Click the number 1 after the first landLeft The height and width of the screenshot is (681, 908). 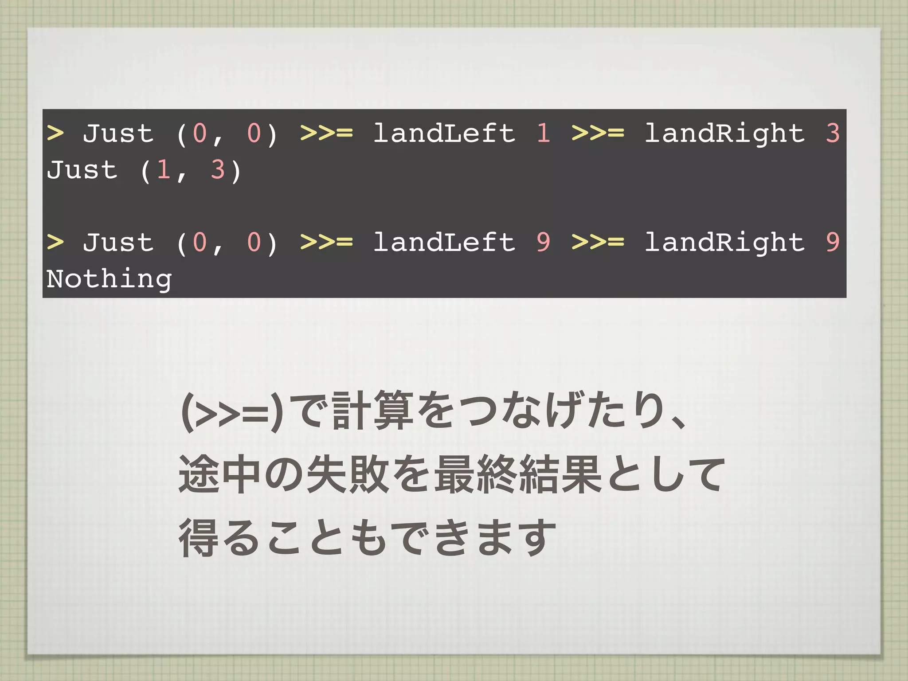click(544, 133)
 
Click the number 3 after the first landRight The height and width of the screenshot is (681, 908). click(833, 133)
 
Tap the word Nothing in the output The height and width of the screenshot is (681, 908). click(109, 279)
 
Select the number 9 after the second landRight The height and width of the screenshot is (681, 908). click(833, 242)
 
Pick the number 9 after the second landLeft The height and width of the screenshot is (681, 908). click(544, 242)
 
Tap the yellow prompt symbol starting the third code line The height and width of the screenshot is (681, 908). click(55, 242)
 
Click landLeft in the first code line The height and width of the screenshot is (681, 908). click(444, 133)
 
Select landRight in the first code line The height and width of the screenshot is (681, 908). click(724, 134)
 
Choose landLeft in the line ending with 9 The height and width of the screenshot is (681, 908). click(444, 242)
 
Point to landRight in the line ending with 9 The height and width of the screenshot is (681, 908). click(724, 243)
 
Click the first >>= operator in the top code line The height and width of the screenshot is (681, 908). click(326, 133)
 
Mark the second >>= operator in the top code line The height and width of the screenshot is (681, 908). click(598, 133)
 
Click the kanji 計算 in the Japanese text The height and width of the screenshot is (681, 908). click(372, 411)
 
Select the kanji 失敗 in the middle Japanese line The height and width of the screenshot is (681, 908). click(348, 474)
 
